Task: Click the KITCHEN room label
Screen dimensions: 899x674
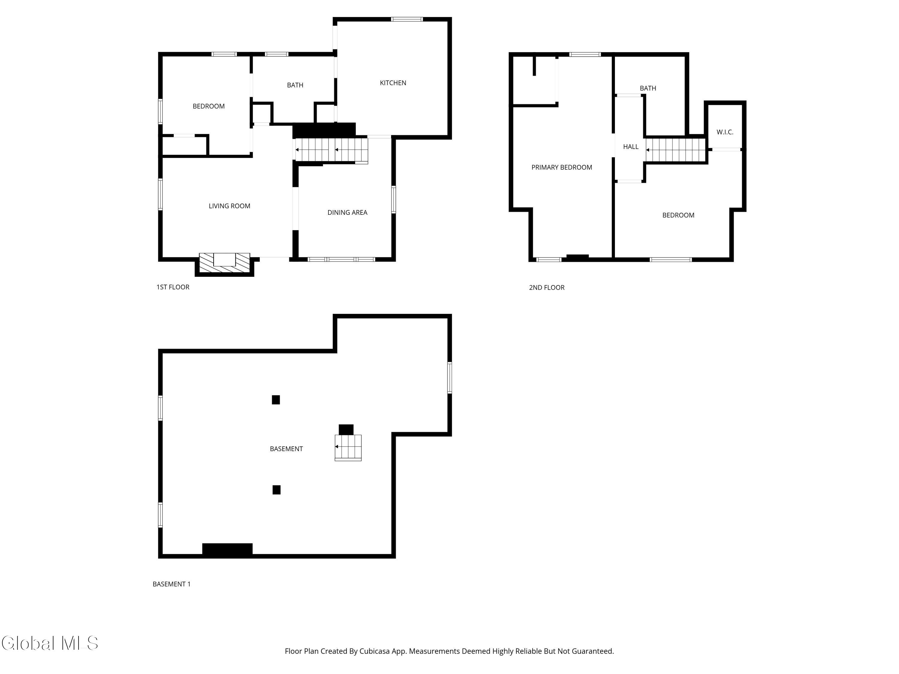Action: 393,83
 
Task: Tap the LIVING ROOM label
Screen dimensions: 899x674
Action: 229,206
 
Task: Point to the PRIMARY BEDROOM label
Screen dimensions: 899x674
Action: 561,167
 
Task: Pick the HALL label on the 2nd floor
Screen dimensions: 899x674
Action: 630,147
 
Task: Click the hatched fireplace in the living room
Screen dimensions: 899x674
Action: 224,262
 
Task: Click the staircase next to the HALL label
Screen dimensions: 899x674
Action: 675,150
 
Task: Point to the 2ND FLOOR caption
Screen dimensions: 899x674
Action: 546,288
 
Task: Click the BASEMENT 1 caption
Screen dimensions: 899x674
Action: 171,584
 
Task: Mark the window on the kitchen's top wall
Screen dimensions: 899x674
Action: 407,19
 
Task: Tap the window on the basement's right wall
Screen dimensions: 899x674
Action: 450,377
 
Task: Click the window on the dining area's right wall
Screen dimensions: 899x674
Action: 393,200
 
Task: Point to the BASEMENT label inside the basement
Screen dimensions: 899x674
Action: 286,449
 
